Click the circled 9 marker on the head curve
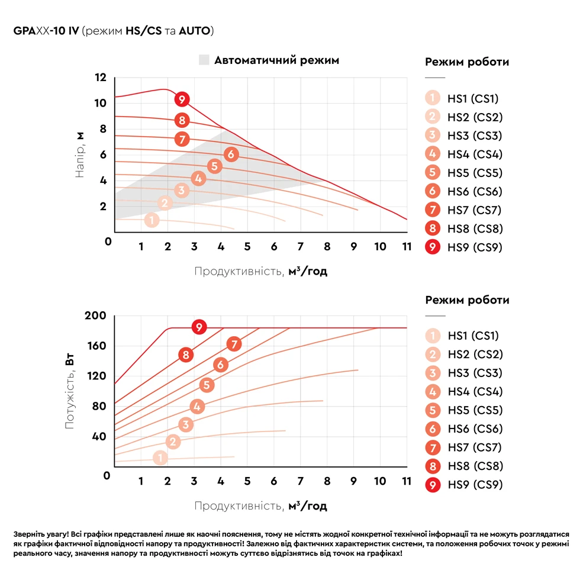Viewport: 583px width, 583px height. tap(182, 99)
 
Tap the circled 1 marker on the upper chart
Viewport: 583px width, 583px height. tap(152, 220)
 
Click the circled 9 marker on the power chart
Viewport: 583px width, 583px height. tap(199, 327)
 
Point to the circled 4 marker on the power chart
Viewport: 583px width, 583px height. tap(197, 407)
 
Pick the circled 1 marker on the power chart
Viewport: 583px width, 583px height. tap(160, 458)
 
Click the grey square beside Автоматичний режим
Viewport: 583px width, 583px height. tap(204, 60)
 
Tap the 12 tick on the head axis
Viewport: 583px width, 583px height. tap(100, 78)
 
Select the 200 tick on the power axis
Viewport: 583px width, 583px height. tap(96, 316)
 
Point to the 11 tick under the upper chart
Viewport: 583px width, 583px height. tap(407, 246)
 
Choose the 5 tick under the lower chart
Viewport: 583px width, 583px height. tap(247, 481)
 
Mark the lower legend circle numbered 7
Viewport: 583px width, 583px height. tap(433, 447)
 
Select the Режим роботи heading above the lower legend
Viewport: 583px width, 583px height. tap(467, 300)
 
